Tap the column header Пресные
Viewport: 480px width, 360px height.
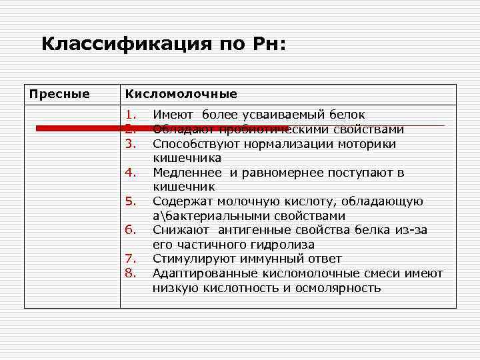coord(59,94)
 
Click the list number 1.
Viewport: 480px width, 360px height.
coord(130,115)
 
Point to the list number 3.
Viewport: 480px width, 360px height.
coord(130,143)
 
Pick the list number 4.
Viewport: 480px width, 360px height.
coord(130,173)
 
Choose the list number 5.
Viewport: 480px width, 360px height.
coord(130,201)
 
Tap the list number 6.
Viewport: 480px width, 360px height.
coord(130,230)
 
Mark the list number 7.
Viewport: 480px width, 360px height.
coord(130,259)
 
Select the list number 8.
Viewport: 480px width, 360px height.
coord(130,273)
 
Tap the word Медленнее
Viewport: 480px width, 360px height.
coord(189,173)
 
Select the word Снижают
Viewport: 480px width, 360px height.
coord(179,230)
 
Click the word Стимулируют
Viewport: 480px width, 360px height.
coord(193,259)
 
